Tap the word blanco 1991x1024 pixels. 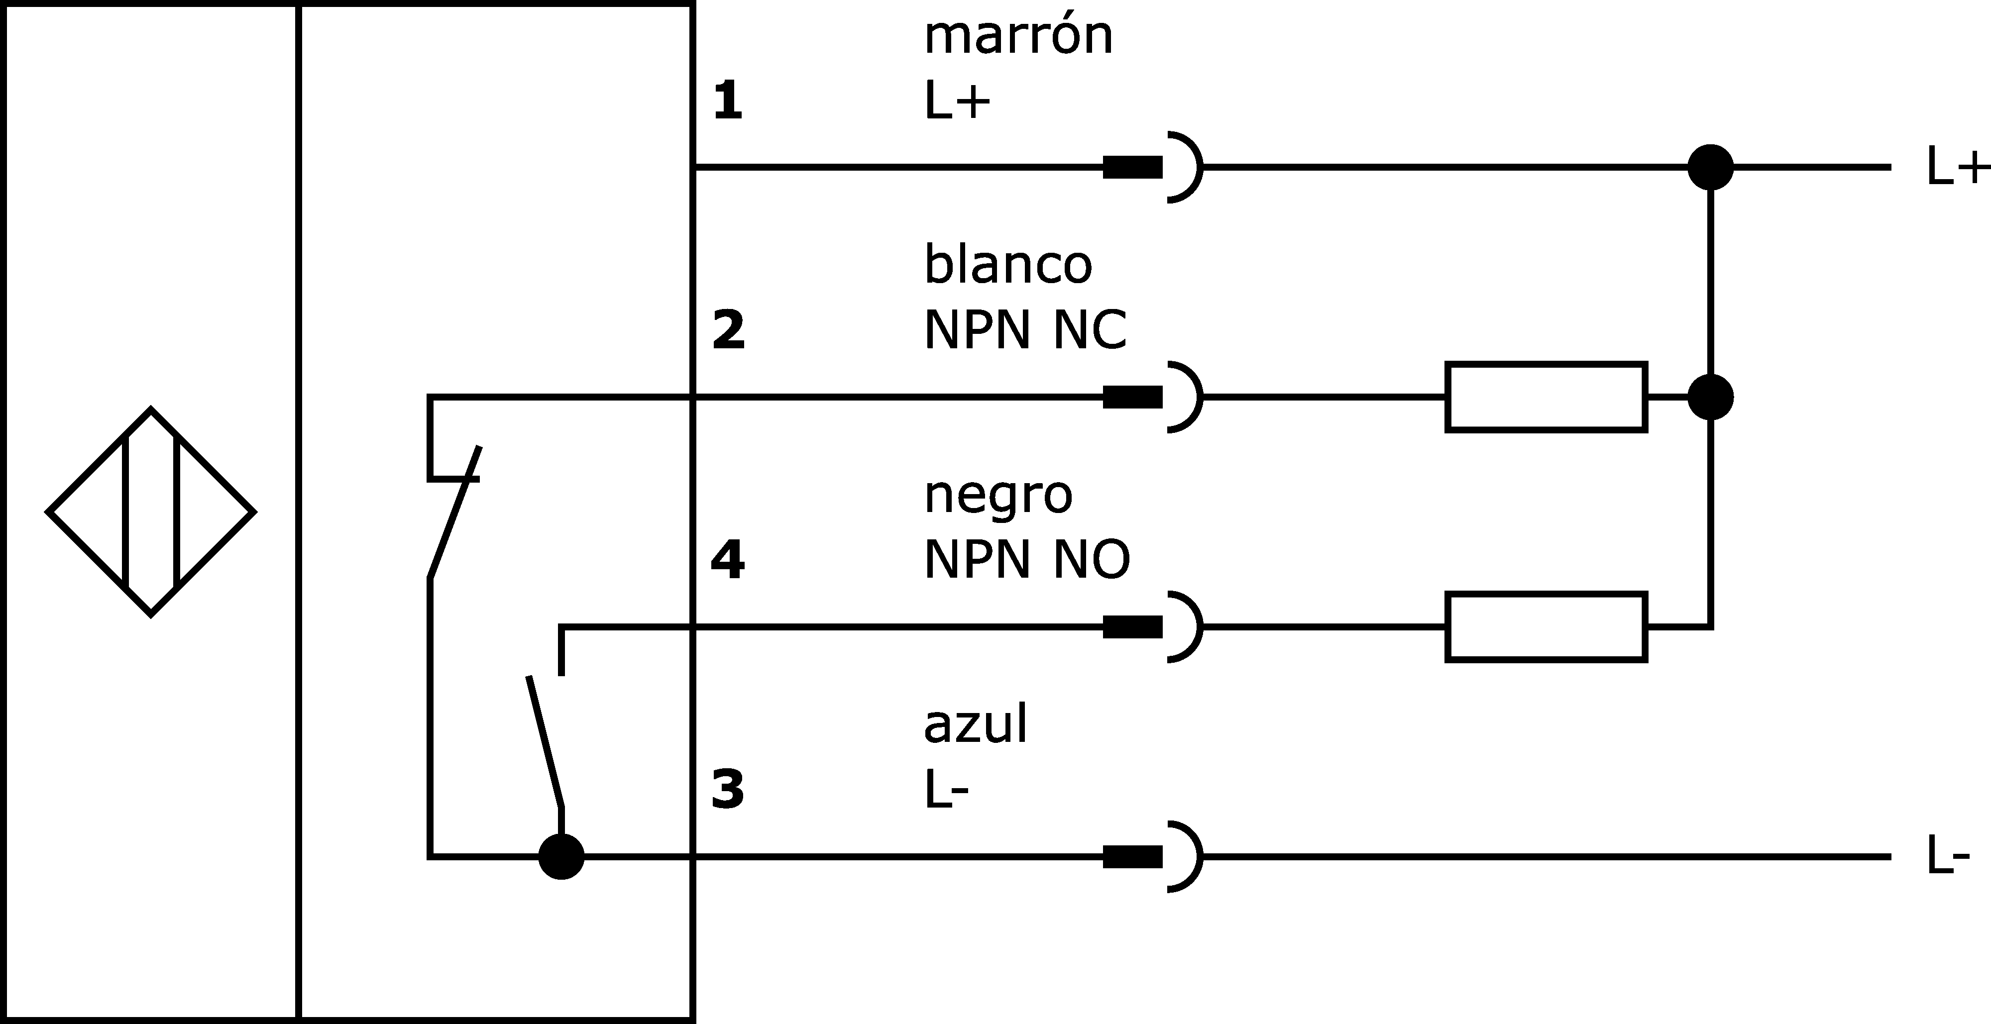pos(1008,264)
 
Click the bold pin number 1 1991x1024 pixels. pos(727,101)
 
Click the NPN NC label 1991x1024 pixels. pos(1025,330)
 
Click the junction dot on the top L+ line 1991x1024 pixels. pos(1710,167)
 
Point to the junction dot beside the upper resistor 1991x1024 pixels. pos(1710,397)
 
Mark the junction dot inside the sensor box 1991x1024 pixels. pos(561,856)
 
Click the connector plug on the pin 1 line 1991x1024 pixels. pos(1152,167)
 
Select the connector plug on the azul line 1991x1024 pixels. pos(1152,856)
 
